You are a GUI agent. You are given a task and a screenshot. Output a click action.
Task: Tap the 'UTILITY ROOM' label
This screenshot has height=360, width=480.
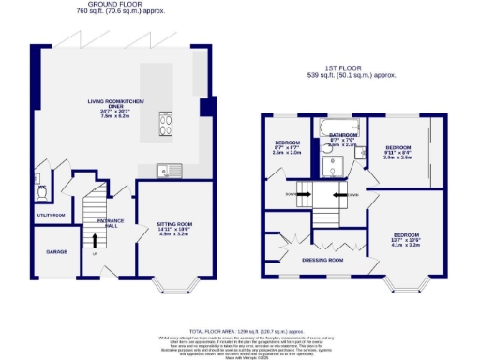point(51,215)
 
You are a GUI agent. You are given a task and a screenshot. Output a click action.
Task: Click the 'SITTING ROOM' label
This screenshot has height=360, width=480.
point(173,224)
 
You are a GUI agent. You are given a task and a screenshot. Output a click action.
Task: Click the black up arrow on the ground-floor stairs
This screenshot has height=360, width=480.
point(94,240)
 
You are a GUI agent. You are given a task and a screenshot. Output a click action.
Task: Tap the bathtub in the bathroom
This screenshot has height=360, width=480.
point(335,126)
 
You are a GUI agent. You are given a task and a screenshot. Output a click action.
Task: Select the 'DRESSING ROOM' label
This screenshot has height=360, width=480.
point(322,259)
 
